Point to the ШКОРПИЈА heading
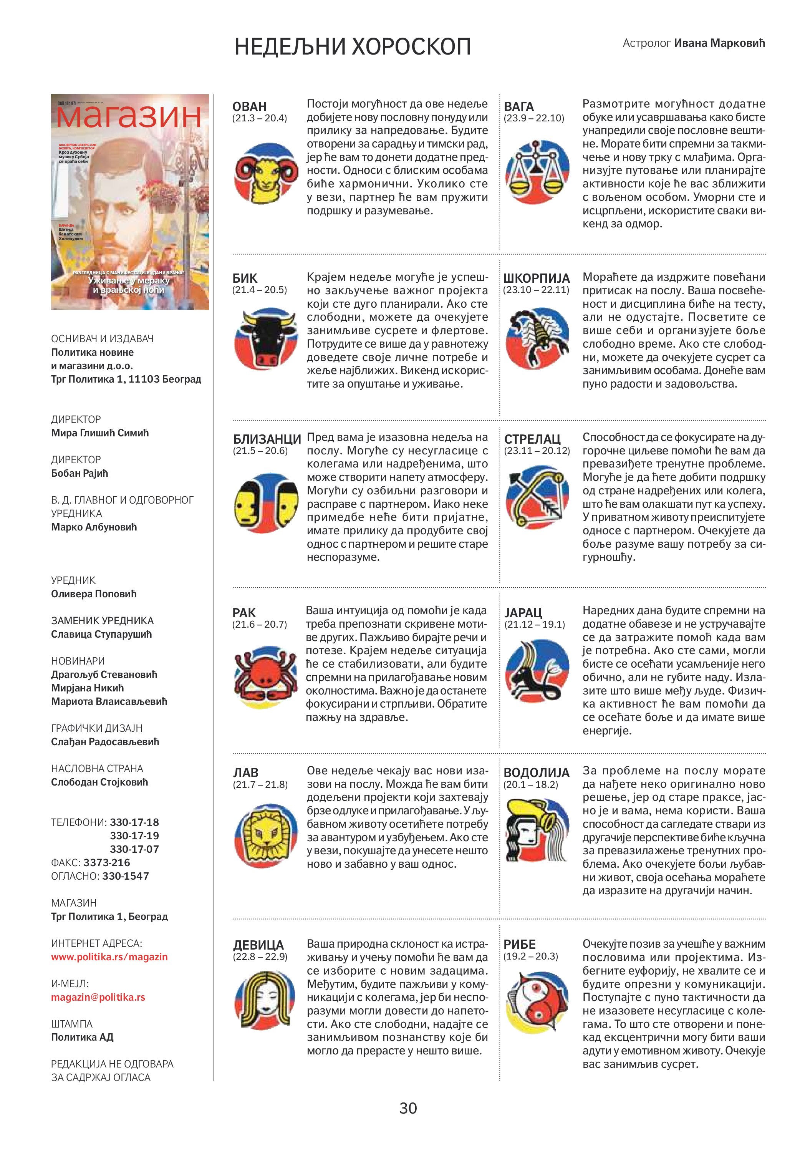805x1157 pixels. click(x=536, y=278)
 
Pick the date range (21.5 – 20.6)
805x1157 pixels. click(x=260, y=451)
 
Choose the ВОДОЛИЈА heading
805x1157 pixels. click(x=536, y=772)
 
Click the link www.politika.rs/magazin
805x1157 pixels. click(x=109, y=956)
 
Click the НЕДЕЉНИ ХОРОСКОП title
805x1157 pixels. click(x=353, y=47)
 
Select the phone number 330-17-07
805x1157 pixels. click(x=134, y=849)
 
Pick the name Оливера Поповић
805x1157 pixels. click(x=94, y=593)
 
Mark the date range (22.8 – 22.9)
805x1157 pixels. click(x=260, y=956)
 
